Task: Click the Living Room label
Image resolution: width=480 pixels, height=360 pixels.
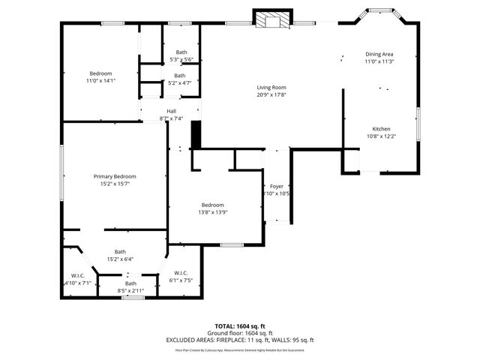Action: coord(271,87)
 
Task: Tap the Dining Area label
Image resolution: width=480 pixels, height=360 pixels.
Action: coord(379,55)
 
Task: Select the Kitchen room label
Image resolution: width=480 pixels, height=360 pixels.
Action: coord(381,129)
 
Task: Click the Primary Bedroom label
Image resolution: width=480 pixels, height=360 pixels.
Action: coord(115,176)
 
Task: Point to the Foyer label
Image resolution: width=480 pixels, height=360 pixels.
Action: coord(277,185)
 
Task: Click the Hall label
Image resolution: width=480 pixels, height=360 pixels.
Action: coord(171,112)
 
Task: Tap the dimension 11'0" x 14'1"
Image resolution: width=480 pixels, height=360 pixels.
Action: coord(101,80)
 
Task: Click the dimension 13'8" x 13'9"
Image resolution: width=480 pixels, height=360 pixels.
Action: coord(212,212)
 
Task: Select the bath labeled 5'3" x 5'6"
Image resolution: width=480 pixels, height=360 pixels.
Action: coord(181,59)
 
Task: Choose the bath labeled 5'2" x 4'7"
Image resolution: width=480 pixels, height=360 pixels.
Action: coord(180,82)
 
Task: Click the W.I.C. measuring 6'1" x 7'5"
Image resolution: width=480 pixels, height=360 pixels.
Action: coord(181,280)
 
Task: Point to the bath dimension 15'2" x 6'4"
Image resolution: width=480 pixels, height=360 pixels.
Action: coord(120,259)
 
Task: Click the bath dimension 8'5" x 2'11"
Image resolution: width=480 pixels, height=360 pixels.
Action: coord(130,290)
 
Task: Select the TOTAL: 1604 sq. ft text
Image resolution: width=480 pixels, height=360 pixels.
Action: coord(240,326)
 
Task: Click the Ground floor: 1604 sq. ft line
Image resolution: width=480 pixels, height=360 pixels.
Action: coord(240,333)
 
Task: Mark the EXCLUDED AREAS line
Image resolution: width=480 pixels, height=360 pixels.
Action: coord(240,340)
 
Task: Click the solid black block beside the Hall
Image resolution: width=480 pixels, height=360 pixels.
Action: coord(196,135)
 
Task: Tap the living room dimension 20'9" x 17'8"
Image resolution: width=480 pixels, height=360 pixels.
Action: coord(271,94)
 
